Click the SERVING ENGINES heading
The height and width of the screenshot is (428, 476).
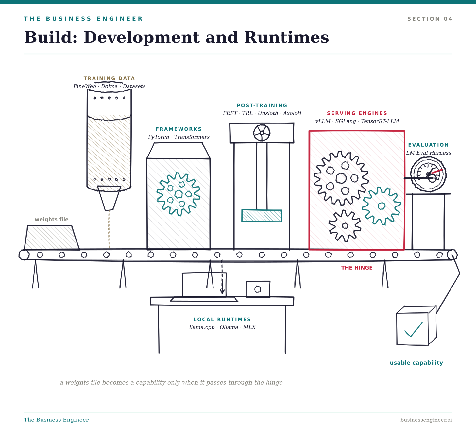[x=357, y=113]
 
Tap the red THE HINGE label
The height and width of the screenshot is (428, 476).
[x=357, y=268]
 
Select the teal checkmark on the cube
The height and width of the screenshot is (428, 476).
[x=413, y=329]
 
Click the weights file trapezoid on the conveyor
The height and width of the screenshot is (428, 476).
[x=52, y=238]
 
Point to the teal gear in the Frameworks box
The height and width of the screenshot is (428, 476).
[x=178, y=194]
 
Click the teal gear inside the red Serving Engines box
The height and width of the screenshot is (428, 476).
[x=381, y=206]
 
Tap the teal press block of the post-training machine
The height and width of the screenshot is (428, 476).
[x=262, y=216]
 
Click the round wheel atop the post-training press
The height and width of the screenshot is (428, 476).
[x=262, y=133]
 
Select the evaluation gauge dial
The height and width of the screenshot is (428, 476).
[x=428, y=174]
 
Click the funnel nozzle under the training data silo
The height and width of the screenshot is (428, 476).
[x=109, y=198]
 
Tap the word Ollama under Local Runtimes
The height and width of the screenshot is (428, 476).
[x=229, y=327]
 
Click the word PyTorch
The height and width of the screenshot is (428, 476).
[x=158, y=137]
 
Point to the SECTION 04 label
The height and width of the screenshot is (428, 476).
[x=430, y=19]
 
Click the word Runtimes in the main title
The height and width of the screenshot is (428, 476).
[x=287, y=37]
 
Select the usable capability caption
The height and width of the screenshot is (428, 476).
[x=416, y=363]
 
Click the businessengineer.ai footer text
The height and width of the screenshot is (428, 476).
[x=426, y=420]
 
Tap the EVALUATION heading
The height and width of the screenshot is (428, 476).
[x=428, y=145]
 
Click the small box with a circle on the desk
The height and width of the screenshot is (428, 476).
[x=258, y=289]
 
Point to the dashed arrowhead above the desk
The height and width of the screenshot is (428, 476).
[x=222, y=291]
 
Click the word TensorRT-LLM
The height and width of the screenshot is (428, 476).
[x=380, y=121]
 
